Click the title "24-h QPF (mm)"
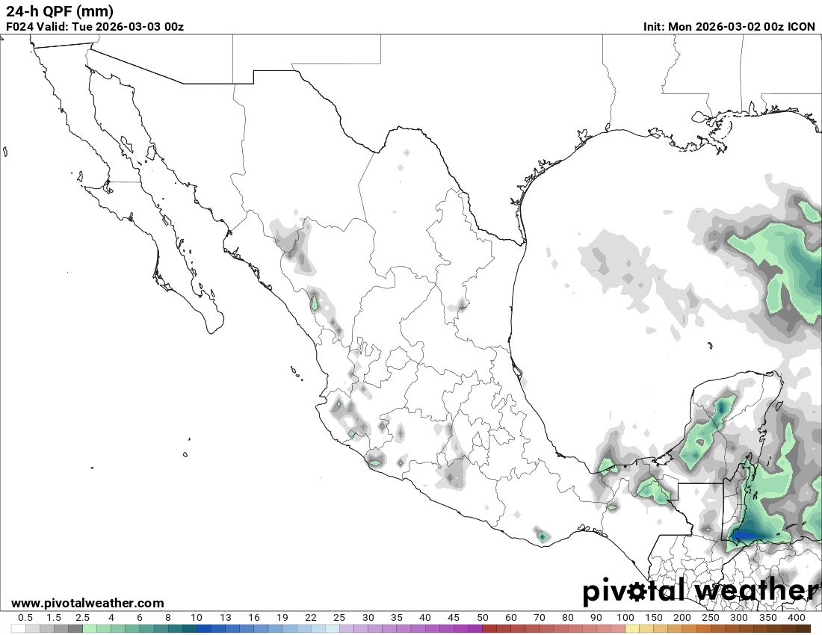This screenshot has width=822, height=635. coord(60,11)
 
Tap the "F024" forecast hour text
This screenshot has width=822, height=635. coord(19,27)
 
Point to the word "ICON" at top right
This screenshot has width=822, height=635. coord(802,27)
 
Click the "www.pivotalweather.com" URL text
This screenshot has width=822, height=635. coord(87,603)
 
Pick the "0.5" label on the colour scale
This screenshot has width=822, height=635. coord(25,618)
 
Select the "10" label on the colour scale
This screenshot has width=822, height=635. coord(196,618)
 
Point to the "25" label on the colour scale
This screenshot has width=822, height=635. coord(339,618)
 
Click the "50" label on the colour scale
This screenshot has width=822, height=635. coord(482,618)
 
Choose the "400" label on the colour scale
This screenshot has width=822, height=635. coord(796,618)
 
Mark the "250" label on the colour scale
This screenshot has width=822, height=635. coord(711,618)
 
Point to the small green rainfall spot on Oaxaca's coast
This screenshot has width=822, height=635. coord(542,536)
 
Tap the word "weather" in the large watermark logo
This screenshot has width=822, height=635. coord(755,591)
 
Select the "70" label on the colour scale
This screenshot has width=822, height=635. coord(540,618)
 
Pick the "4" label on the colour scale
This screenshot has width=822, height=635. coord(111,618)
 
